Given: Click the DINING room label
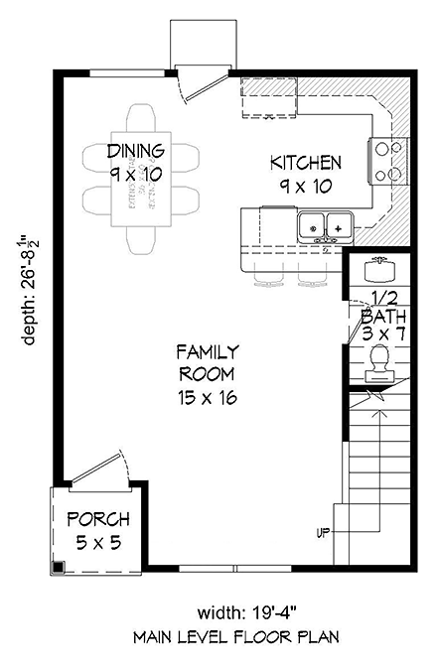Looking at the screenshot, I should (135, 151).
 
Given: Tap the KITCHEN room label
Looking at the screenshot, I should (307, 163).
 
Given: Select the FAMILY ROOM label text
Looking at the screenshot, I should (207, 362).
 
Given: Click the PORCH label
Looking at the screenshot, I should (97, 519).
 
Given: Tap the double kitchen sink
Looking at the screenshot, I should (325, 227).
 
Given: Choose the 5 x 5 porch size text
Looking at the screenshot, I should (97, 541).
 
